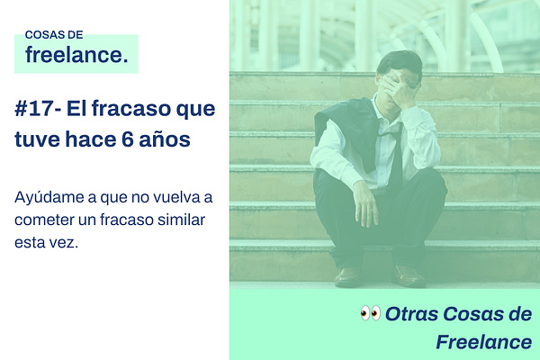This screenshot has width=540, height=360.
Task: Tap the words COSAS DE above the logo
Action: pos(54,34)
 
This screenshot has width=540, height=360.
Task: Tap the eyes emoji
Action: pos(370,313)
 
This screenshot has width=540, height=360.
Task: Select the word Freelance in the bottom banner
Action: pos(483,342)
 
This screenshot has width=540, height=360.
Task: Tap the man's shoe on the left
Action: pos(347,276)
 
